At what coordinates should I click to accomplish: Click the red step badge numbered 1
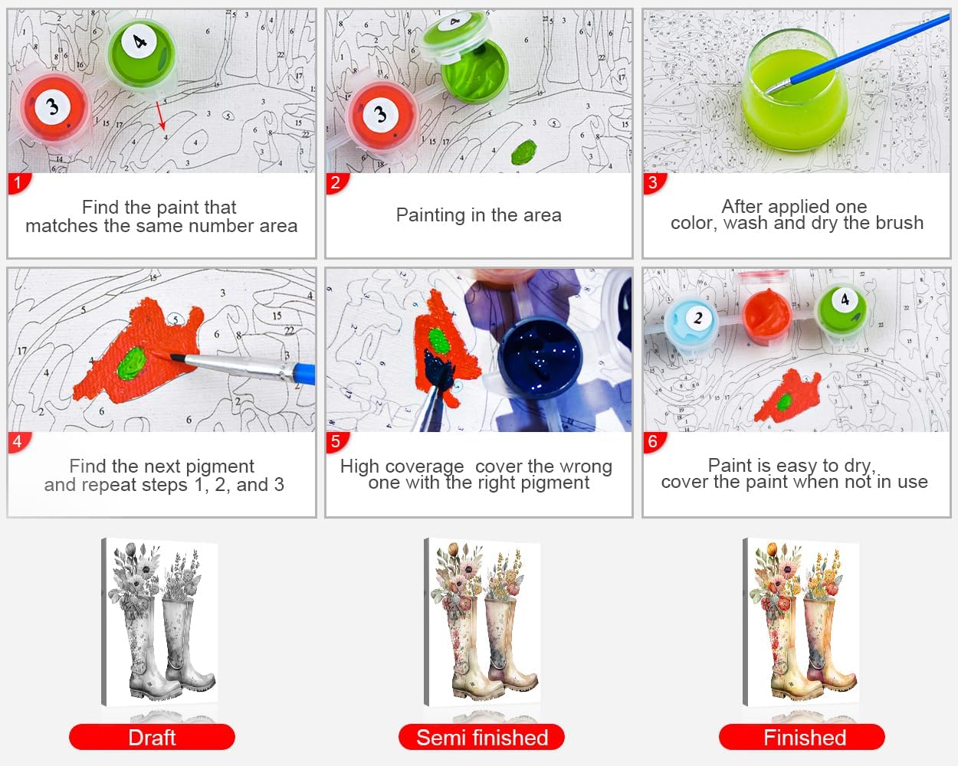pos(18,183)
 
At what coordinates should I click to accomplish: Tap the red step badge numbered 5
pos(336,442)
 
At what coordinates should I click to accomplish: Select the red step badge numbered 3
pos(654,183)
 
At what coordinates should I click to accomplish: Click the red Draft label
pos(153,738)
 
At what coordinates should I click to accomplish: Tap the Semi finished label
pos(481,738)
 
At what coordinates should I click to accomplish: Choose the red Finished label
pos(802,738)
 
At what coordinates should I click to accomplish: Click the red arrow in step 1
pos(161,116)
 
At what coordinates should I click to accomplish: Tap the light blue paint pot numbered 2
pos(691,322)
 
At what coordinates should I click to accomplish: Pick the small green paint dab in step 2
pos(524,152)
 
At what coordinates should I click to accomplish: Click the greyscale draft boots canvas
pos(160,622)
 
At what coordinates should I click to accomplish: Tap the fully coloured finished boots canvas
pos(801,622)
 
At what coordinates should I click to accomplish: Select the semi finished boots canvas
pos(482,622)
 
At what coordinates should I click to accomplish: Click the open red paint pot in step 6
pos(767,315)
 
